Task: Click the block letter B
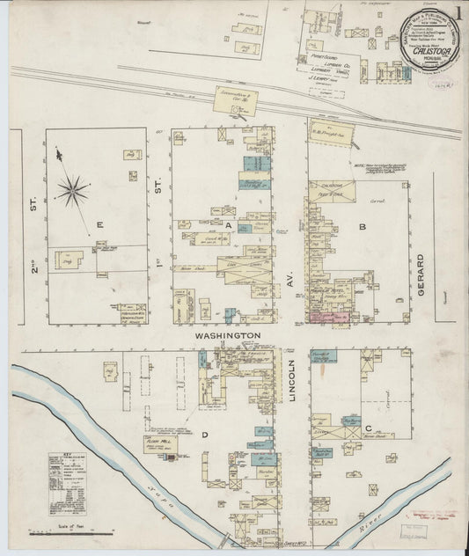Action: (x=362, y=227)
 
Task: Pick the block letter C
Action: (x=368, y=428)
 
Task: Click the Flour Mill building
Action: (x=160, y=443)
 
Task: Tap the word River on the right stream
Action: (x=370, y=519)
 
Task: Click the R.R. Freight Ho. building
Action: (x=331, y=134)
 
